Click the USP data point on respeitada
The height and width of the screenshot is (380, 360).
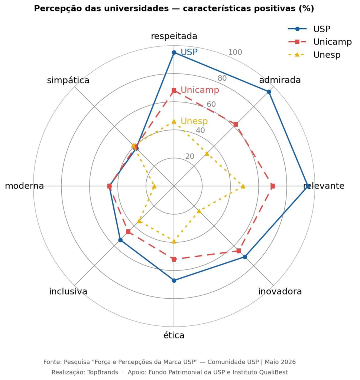(174, 52)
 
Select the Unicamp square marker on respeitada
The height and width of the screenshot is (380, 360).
(174, 91)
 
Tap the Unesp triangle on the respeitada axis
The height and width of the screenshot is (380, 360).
(174, 121)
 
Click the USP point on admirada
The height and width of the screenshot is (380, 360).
(269, 92)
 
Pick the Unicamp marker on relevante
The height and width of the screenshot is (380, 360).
(273, 186)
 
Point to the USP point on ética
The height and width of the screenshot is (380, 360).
(174, 281)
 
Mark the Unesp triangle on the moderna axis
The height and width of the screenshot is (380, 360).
(154, 186)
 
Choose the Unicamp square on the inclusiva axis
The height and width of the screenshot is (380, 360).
(128, 232)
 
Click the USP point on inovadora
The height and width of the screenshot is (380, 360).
(245, 257)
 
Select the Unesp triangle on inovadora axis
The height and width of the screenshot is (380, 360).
(199, 211)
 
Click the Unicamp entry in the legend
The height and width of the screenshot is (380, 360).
(320, 42)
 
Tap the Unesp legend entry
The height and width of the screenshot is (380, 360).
(315, 55)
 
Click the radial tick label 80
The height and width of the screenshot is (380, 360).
(222, 78)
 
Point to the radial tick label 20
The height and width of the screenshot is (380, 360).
(190, 156)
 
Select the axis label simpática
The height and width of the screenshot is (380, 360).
(68, 80)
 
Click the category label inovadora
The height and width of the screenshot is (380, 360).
(280, 291)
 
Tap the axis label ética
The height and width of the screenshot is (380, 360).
(174, 335)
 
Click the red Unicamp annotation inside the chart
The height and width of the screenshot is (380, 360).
(200, 90)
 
